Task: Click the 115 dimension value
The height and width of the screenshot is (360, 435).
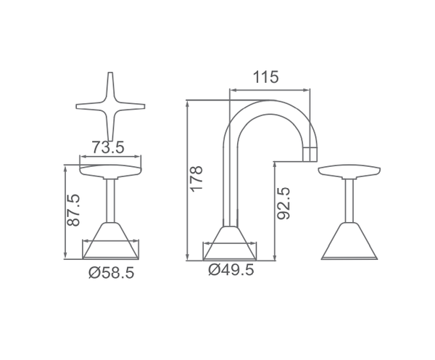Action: pos(265,77)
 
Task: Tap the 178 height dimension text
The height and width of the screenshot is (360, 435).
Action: pos(196,179)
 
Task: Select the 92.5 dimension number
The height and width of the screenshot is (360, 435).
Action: pos(283,204)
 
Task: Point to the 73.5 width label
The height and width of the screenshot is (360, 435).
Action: pos(108,147)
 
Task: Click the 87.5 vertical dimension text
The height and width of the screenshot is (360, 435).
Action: pos(73,210)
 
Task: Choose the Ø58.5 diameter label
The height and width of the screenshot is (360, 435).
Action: pos(112,272)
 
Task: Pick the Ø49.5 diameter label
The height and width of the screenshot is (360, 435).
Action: pos(231,269)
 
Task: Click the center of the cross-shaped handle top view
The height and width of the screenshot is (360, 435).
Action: pos(110,106)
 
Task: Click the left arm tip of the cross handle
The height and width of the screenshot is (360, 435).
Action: pos(77,106)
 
